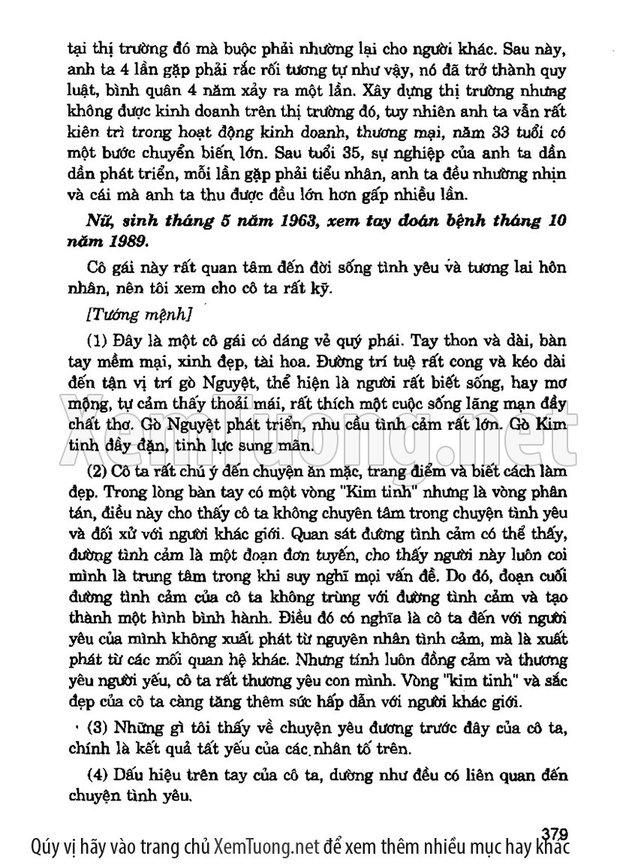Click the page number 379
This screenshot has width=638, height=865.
point(553,833)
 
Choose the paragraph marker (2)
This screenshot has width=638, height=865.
point(98,471)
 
